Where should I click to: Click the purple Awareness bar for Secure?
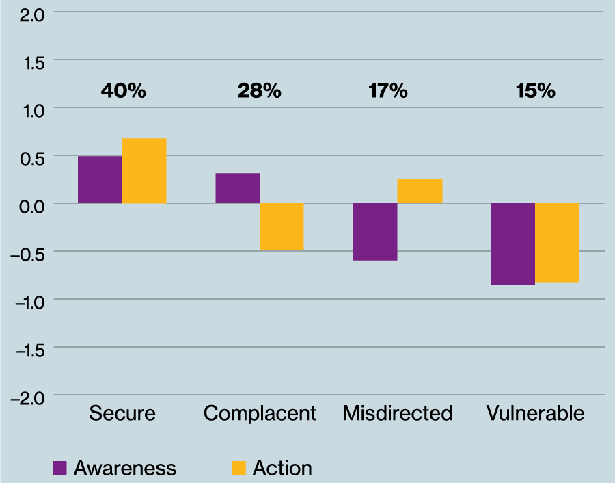(x=100, y=179)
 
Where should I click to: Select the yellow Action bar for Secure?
(x=144, y=171)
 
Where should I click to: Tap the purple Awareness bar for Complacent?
(x=237, y=188)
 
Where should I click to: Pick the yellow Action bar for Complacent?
(x=282, y=226)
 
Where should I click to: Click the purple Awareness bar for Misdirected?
(x=375, y=232)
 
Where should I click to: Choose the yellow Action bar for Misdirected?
(x=420, y=191)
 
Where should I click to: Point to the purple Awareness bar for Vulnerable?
(x=512, y=244)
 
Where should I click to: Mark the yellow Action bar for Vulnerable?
(x=557, y=243)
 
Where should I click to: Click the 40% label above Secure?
(x=123, y=91)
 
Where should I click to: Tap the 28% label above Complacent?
(x=260, y=91)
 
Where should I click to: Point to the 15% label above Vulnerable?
(x=536, y=91)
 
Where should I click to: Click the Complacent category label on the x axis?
(x=260, y=414)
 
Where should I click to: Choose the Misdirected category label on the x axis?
(x=398, y=414)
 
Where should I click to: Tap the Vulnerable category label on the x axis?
(x=536, y=414)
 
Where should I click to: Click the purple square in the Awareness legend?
(x=60, y=468)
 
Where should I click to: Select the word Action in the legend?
(x=282, y=468)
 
